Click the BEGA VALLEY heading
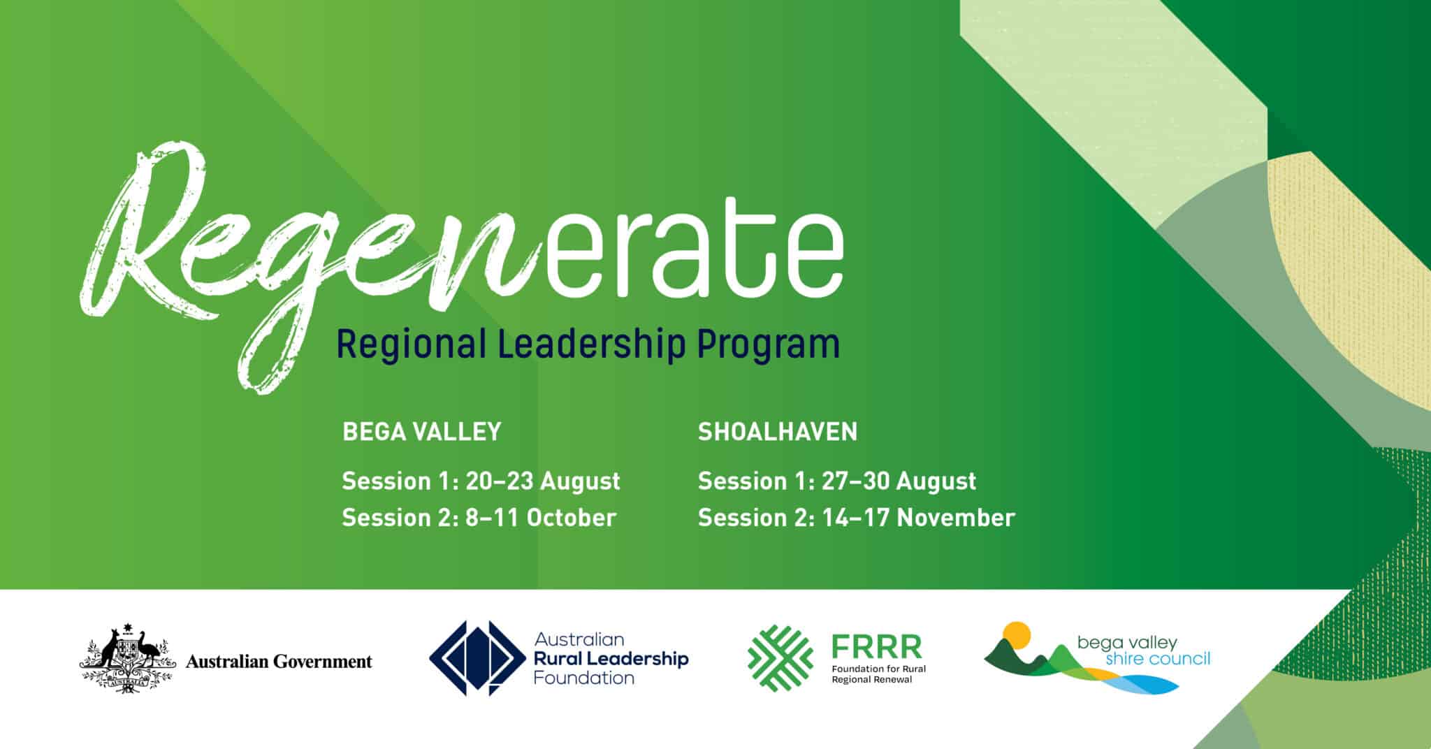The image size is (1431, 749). click(x=421, y=432)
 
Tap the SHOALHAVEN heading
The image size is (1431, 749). click(x=777, y=432)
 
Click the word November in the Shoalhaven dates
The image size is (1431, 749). click(x=955, y=518)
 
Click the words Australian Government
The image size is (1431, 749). click(x=279, y=661)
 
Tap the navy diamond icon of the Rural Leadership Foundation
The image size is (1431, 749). click(x=477, y=658)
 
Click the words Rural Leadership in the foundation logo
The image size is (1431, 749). click(x=611, y=658)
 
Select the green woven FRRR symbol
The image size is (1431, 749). click(x=780, y=658)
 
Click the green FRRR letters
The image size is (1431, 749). click(x=876, y=647)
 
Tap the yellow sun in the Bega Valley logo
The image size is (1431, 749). click(x=1016, y=634)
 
